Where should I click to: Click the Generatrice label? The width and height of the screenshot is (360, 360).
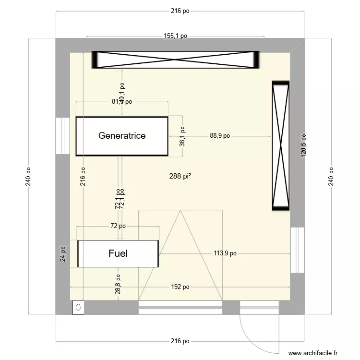[x=122, y=136]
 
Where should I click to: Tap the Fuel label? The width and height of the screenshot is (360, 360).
[x=118, y=253]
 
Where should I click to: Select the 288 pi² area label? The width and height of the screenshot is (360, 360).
[x=180, y=177]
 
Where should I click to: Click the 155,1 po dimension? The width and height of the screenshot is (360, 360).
[x=175, y=36]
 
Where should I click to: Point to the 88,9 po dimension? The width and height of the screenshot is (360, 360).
[x=219, y=136]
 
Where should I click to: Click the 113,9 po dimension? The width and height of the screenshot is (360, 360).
[x=225, y=253]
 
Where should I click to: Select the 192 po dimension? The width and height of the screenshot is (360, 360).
[x=180, y=287]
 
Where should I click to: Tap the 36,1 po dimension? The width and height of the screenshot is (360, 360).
[x=182, y=136]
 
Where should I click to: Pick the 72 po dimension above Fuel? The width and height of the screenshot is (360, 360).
[x=118, y=226]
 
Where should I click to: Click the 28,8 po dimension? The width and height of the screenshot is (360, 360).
[x=118, y=284]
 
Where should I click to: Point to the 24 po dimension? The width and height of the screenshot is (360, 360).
[x=62, y=253]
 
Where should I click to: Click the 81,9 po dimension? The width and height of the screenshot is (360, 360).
[x=122, y=102]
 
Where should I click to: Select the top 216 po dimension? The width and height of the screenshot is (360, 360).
[x=180, y=12]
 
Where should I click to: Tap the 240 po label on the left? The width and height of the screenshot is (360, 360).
[x=29, y=177]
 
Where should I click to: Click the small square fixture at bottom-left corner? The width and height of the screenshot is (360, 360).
[x=78, y=307]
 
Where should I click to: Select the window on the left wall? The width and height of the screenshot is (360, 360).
[x=62, y=136]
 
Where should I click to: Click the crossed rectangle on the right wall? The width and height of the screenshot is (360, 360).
[x=281, y=146]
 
